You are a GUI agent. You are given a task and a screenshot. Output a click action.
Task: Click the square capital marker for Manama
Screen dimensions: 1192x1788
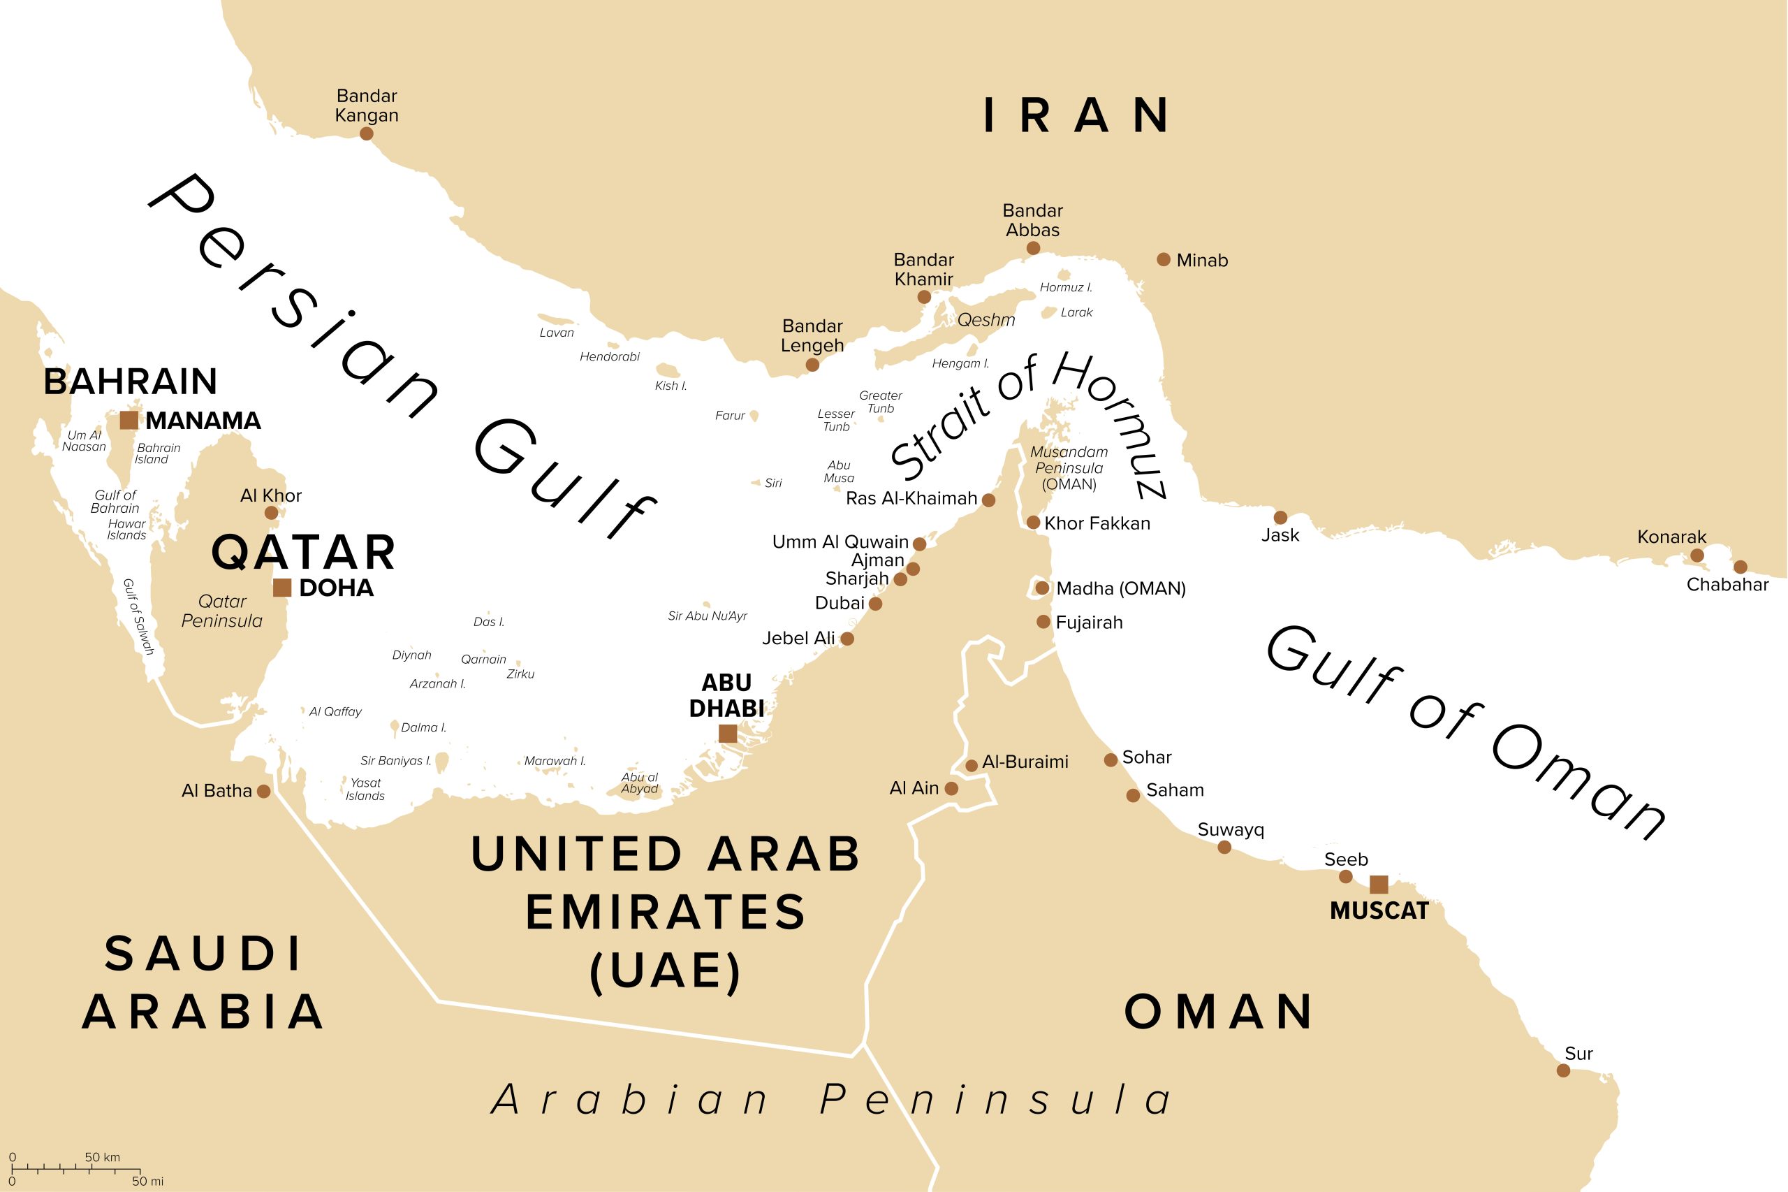[x=129, y=420]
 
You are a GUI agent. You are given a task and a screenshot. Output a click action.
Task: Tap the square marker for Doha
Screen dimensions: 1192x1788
[x=282, y=587]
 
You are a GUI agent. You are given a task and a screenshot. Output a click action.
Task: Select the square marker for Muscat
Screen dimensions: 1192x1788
[x=1379, y=884]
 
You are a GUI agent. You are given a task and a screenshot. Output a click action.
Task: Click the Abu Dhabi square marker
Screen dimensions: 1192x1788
[x=727, y=733]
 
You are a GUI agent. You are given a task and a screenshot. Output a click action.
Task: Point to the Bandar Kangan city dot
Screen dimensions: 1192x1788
[x=366, y=133]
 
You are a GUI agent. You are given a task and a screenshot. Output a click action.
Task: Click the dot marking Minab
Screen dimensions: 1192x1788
[x=1164, y=259]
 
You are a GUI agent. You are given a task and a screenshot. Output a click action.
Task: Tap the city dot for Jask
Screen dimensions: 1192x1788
[x=1280, y=518]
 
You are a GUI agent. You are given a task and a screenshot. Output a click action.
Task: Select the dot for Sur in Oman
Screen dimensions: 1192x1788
[x=1563, y=1070]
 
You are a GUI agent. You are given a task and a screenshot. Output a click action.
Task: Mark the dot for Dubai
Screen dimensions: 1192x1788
[x=875, y=604]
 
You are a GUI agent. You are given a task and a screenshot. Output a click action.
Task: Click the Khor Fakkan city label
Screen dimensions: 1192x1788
[x=1097, y=523]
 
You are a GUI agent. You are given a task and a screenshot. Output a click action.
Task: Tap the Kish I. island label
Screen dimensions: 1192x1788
[x=670, y=386]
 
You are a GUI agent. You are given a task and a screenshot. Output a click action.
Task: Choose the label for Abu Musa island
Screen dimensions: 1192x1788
[x=839, y=472]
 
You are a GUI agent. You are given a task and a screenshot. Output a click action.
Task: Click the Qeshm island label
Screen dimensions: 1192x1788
[x=985, y=320]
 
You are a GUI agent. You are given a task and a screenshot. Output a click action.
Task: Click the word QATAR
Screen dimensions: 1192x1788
[x=303, y=552]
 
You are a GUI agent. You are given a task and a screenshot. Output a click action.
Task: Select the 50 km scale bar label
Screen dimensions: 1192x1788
[x=102, y=1157]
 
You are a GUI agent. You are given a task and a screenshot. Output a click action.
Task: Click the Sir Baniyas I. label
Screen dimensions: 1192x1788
[x=395, y=760]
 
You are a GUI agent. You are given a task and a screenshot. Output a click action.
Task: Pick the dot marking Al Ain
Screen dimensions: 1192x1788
[x=951, y=789]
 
